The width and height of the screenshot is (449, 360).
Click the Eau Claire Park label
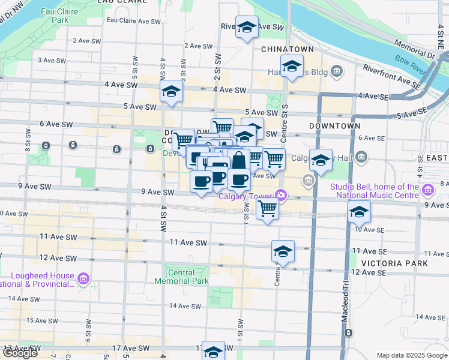click(55, 16)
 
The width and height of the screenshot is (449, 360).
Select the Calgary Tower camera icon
click(280, 194)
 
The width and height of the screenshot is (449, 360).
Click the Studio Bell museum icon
click(428, 191)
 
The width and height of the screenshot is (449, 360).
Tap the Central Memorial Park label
click(181, 277)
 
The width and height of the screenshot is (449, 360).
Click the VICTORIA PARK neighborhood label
click(394, 263)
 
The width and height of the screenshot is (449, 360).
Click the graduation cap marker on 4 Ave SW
click(171, 92)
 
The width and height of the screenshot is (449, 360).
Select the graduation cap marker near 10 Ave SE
click(359, 212)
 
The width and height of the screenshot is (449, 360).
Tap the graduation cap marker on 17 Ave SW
click(212, 350)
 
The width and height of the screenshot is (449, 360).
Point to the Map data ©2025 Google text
click(411, 355)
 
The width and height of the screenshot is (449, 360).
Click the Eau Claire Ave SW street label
click(134, 20)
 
